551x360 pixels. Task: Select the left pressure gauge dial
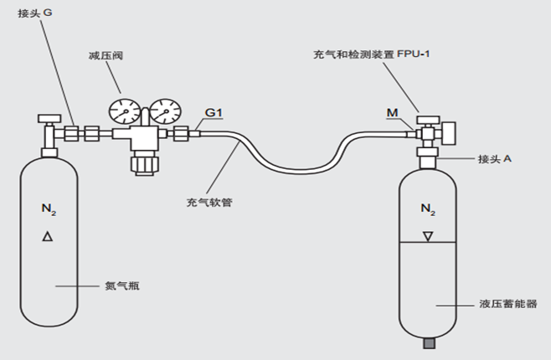tap(124, 113)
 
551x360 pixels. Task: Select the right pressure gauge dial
tap(165, 113)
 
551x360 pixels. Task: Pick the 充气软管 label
tap(210, 202)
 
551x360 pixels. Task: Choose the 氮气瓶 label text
tap(123, 285)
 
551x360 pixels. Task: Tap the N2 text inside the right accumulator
tap(427, 208)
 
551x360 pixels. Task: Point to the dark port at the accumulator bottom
tap(430, 342)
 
